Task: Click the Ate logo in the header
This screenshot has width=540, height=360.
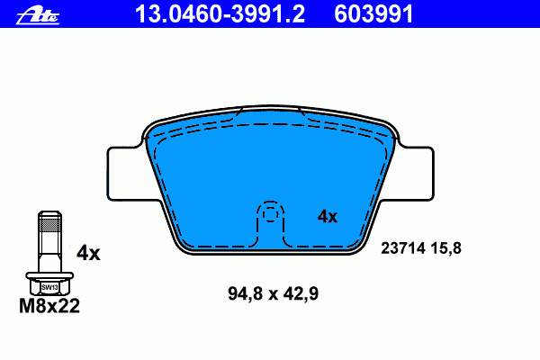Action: [x=38, y=16]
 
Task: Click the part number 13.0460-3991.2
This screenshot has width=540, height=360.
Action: [x=220, y=14]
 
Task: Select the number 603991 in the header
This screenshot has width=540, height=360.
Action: [x=373, y=14]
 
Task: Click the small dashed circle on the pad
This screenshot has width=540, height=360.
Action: [x=270, y=214]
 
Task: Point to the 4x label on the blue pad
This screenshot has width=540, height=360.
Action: [x=328, y=217]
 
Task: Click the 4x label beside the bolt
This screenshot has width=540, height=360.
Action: [x=88, y=254]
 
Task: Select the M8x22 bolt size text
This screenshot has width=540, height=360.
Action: [x=49, y=306]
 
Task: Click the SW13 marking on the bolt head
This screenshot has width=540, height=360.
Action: [x=49, y=287]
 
